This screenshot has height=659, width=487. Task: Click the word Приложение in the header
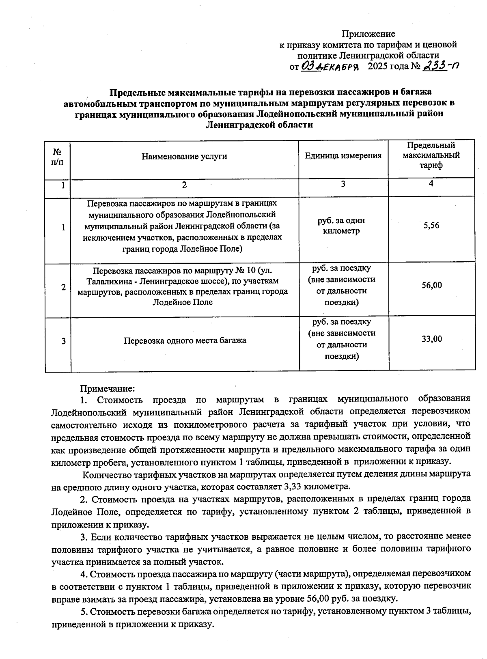368,34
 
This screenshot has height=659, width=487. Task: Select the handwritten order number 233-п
441,66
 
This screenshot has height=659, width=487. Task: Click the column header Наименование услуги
184,156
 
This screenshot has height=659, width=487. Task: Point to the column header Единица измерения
343,155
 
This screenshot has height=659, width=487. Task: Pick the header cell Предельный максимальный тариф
431,155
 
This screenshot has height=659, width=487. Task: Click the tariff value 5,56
431,226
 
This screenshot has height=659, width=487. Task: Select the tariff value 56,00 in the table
431,285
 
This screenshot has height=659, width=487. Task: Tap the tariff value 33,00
431,339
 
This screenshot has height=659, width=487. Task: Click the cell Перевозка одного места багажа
185,340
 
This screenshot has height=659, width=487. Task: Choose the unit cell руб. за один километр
343,226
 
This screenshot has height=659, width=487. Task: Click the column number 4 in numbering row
431,184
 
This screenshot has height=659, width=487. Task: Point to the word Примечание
107,389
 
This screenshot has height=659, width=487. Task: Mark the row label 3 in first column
64,341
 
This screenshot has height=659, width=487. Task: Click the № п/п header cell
58,157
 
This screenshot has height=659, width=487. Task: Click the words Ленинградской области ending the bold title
259,125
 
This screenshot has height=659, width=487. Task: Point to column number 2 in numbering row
185,185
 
